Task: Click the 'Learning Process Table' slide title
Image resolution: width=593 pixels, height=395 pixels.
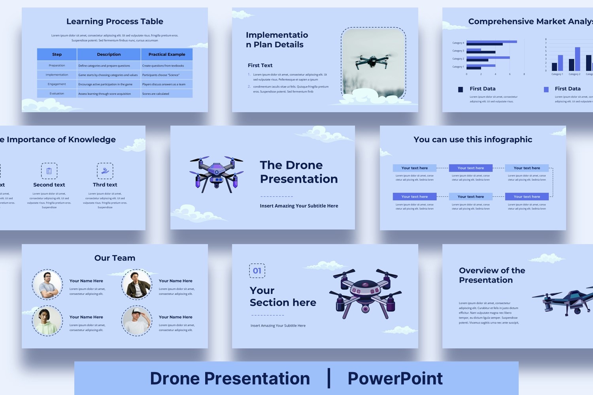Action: pos(115,22)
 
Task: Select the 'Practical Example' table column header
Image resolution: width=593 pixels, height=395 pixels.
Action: pos(166,55)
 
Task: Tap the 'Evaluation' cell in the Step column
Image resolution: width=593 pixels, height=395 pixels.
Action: pos(57,94)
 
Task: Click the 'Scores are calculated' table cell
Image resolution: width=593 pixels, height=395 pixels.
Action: pos(156,94)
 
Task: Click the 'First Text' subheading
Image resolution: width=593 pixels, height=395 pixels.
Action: pos(260,66)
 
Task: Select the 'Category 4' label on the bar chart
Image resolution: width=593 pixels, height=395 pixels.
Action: pos(458,43)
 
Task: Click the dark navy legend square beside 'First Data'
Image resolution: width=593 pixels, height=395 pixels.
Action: pos(461,90)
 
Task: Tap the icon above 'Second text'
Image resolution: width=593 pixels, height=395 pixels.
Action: pos(49,171)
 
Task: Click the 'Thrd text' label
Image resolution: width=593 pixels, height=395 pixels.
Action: pos(105,185)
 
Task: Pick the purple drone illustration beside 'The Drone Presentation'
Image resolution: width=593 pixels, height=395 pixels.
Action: pos(216,174)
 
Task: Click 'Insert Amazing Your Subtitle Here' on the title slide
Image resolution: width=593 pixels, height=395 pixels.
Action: pos(299,206)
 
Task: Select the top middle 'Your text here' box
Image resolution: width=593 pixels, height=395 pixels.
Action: pos(470,168)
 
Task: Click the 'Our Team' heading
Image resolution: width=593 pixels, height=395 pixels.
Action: pos(115,258)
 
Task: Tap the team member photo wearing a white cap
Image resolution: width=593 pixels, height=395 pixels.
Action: pos(137,321)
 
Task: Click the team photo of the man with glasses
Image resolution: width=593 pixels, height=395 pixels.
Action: pos(47,284)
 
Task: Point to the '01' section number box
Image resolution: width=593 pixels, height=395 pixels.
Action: pos(257,271)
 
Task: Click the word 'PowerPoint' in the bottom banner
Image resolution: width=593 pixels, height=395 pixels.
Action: pos(395,378)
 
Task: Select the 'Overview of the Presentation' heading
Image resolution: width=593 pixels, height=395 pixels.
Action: pos(492,275)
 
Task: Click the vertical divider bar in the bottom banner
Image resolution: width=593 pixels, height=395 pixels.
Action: pos(329,378)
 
